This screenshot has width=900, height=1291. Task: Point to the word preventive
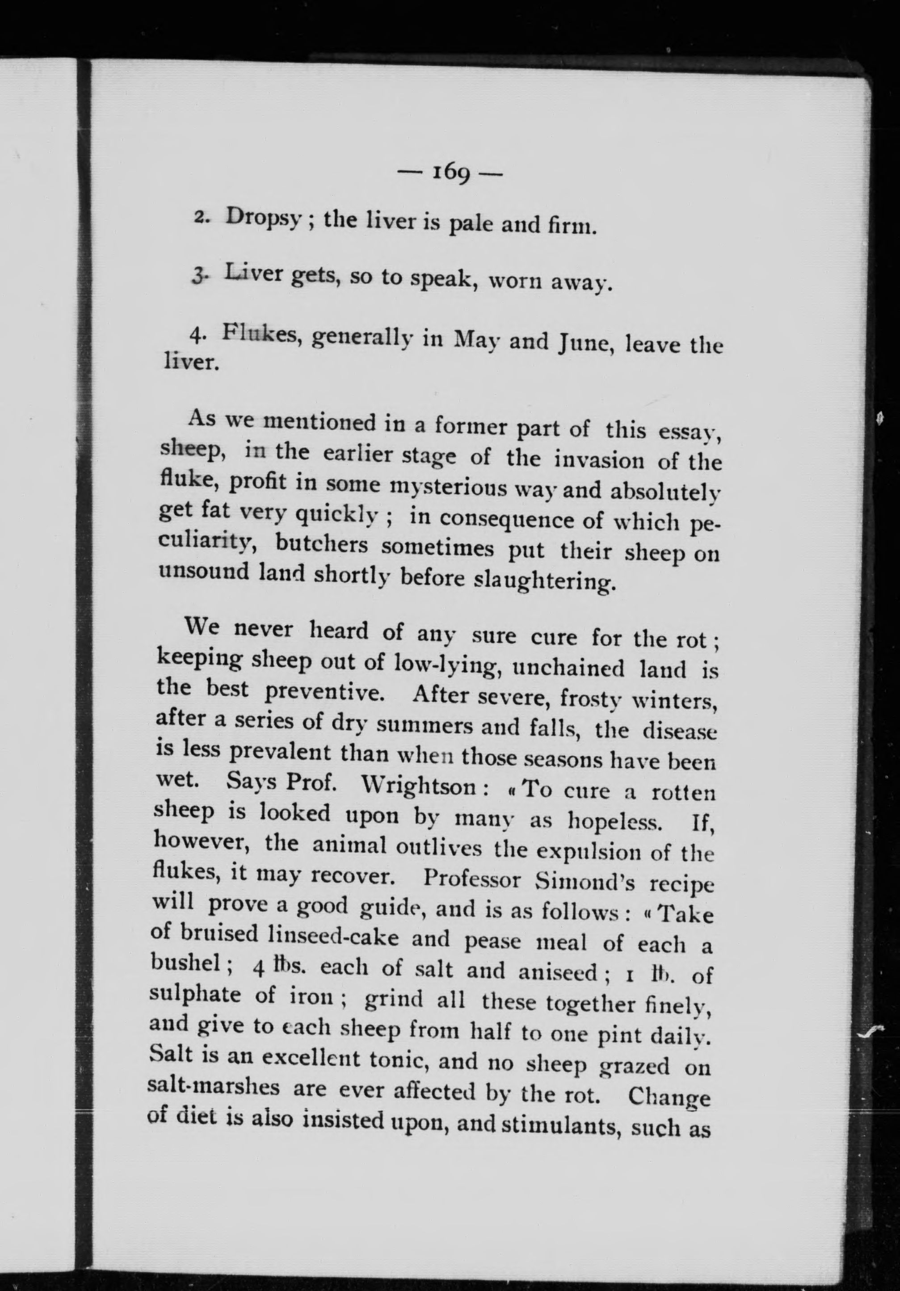[x=324, y=692]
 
